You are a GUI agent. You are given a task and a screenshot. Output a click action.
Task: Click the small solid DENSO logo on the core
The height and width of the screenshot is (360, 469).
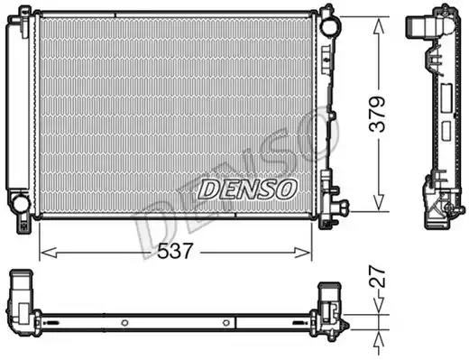coord(246,188)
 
